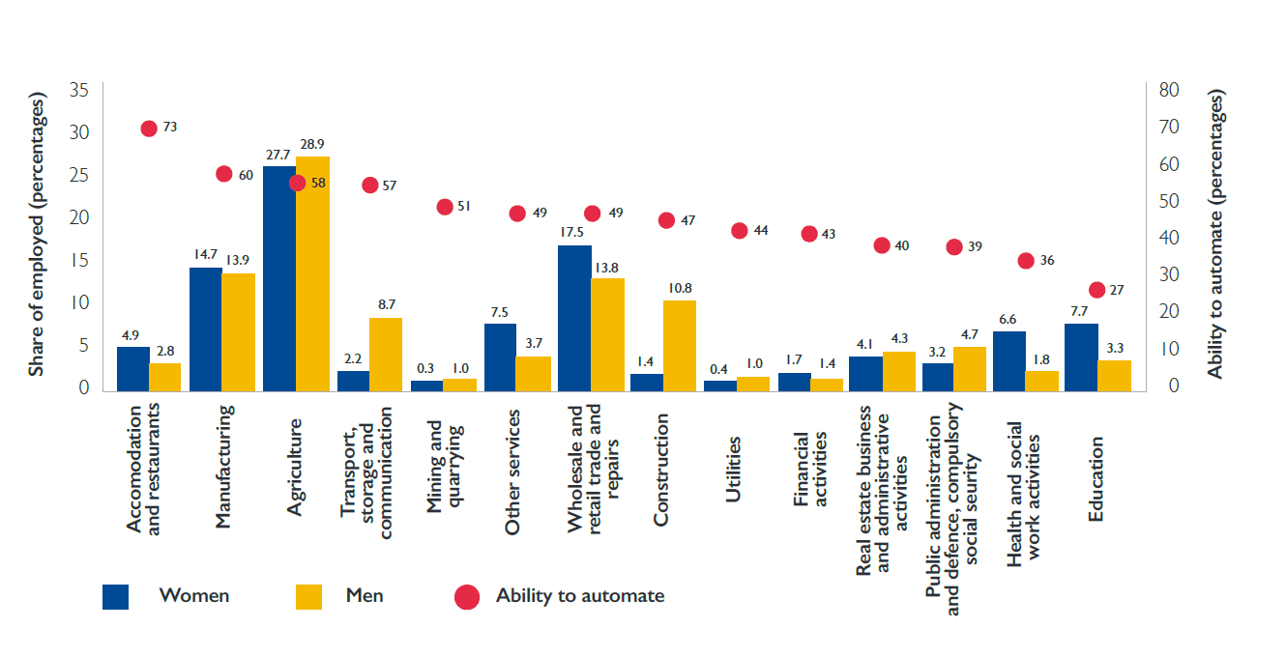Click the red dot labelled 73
[149, 129]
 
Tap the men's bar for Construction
[680, 346]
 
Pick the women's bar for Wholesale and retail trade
[574, 319]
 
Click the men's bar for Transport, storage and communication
[386, 355]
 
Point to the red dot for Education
[1096, 290]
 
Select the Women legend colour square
[116, 596]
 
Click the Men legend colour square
[308, 596]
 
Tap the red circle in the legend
[467, 597]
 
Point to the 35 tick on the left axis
[79, 91]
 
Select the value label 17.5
[573, 233]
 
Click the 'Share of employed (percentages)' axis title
[37, 235]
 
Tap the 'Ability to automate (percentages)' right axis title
[1215, 235]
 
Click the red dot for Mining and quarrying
[445, 207]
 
